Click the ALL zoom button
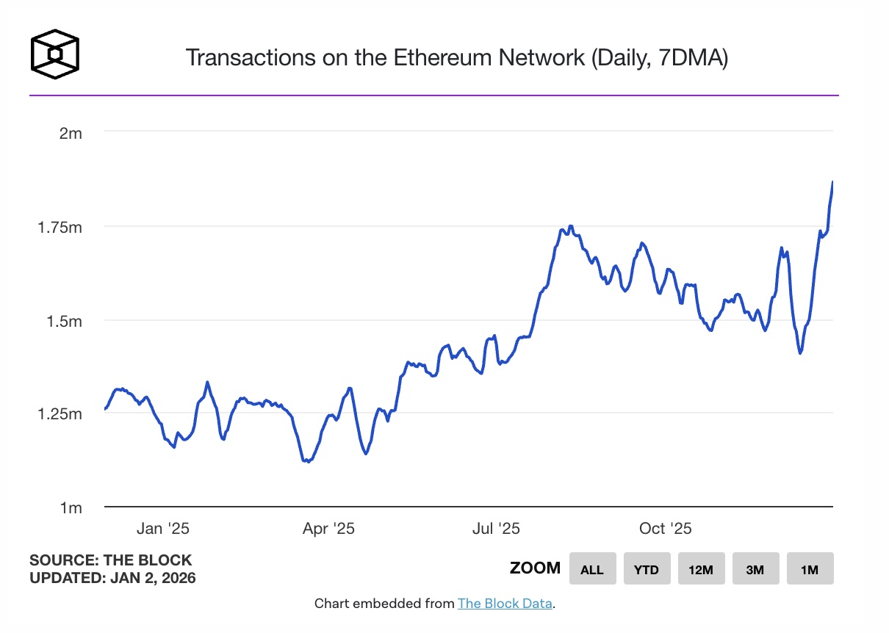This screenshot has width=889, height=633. [592, 569]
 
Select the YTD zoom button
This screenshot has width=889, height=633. [647, 569]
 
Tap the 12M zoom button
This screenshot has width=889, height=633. [701, 569]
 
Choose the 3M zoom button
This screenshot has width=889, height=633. [755, 569]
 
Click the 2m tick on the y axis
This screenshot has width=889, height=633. [71, 133]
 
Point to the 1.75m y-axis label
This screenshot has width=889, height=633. [60, 227]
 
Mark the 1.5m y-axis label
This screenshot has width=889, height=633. [65, 321]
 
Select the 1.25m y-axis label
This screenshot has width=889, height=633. [60, 414]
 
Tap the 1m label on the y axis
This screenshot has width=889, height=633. [71, 508]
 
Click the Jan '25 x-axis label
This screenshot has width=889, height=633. [163, 529]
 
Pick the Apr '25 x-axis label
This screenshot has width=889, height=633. [328, 529]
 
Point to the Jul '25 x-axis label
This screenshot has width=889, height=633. [496, 529]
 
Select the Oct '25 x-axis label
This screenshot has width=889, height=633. [665, 529]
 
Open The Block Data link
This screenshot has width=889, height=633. [505, 604]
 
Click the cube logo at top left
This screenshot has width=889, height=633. [54, 54]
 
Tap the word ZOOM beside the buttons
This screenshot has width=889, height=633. [535, 568]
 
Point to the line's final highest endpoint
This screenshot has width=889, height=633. [832, 181]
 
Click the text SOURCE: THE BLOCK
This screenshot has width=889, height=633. [110, 560]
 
